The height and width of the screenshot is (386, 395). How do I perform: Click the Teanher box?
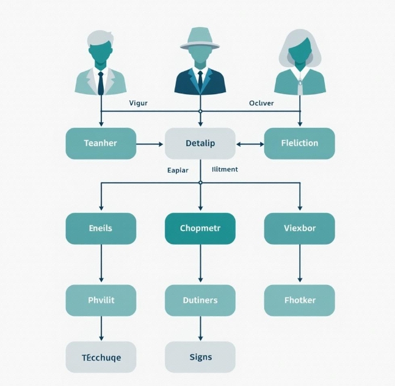tap(101, 143)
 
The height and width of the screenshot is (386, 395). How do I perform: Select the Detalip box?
tap(200, 143)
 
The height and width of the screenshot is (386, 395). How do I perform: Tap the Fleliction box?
tap(299, 143)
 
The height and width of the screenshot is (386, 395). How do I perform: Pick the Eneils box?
tap(101, 228)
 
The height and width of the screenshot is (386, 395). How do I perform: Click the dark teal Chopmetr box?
tap(200, 228)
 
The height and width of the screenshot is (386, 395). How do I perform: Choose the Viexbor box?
tap(299, 228)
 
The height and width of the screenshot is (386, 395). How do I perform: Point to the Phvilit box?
tap(101, 300)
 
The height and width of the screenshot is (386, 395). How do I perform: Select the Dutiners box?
tap(200, 300)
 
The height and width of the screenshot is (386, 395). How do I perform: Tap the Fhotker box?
tap(299, 300)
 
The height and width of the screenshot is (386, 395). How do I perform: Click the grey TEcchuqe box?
tap(101, 357)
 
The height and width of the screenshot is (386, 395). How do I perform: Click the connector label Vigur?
tap(139, 103)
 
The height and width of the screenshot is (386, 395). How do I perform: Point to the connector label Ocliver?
tap(261, 103)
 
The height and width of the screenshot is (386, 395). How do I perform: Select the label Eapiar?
tap(178, 170)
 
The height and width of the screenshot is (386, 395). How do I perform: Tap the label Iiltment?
tap(225, 169)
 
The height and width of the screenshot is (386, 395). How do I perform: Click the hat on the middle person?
tap(200, 39)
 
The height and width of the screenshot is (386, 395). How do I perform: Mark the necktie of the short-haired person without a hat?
tap(101, 82)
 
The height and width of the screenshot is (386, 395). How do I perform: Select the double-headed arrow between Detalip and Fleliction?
tap(250, 144)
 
